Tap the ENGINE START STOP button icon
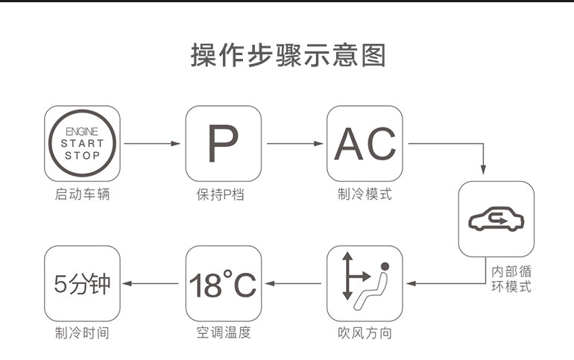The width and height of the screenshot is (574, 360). click(x=82, y=143)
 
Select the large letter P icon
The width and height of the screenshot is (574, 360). click(x=223, y=143)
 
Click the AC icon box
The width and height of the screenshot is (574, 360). click(x=365, y=143)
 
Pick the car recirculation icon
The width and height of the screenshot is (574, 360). click(x=496, y=219)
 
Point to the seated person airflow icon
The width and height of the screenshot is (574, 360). click(x=365, y=283)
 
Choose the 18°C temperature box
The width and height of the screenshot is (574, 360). click(x=223, y=283)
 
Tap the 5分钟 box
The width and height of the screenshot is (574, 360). click(x=82, y=283)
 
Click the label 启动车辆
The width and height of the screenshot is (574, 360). click(x=82, y=195)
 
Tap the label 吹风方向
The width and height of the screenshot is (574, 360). click(x=365, y=333)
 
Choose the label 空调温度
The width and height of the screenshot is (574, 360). click(x=224, y=333)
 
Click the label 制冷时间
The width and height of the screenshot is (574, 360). click(x=82, y=333)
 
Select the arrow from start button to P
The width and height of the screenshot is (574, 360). click(x=152, y=143)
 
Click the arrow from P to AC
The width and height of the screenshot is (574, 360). click(x=294, y=143)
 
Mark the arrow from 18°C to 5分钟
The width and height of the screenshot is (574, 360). click(x=152, y=283)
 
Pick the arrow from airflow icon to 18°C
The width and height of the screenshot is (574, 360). click(x=294, y=283)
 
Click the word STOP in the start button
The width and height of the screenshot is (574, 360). click(x=82, y=156)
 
